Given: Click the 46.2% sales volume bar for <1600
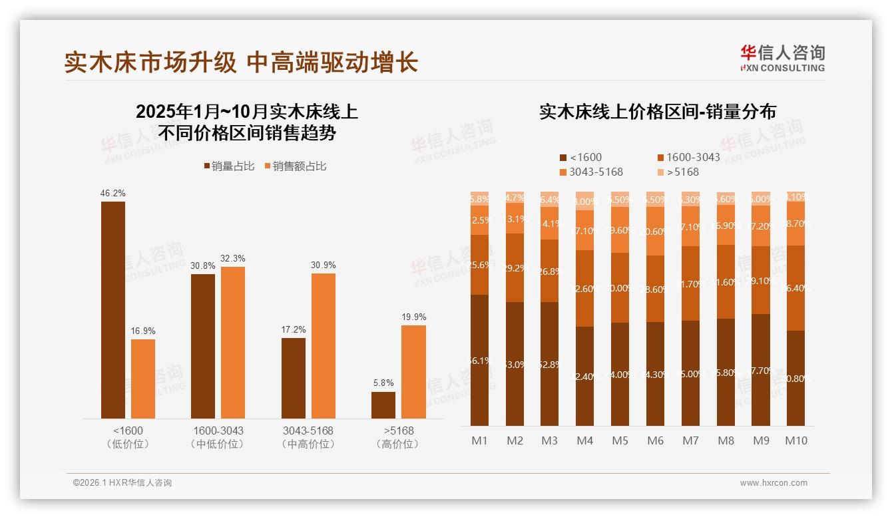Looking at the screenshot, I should (113, 309).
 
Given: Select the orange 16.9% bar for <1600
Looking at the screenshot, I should (143, 379).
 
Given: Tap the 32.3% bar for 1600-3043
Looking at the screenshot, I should (233, 342).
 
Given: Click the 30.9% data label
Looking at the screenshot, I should (324, 265).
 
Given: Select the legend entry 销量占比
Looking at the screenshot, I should (229, 166).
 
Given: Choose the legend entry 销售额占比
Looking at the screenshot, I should (296, 166).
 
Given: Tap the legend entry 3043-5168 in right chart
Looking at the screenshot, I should (592, 172).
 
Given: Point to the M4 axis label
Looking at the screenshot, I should (585, 440).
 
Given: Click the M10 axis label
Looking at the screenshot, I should (796, 440).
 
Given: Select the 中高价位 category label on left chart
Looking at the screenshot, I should (308, 444).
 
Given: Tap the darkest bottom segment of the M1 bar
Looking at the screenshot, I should (480, 360).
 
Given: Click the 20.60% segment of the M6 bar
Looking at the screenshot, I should (655, 231).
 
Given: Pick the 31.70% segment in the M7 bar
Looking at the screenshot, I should (690, 283).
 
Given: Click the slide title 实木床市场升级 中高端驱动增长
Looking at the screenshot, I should (241, 63).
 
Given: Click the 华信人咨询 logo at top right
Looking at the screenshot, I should (782, 57).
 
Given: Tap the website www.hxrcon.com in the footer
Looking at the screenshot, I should (774, 483).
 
